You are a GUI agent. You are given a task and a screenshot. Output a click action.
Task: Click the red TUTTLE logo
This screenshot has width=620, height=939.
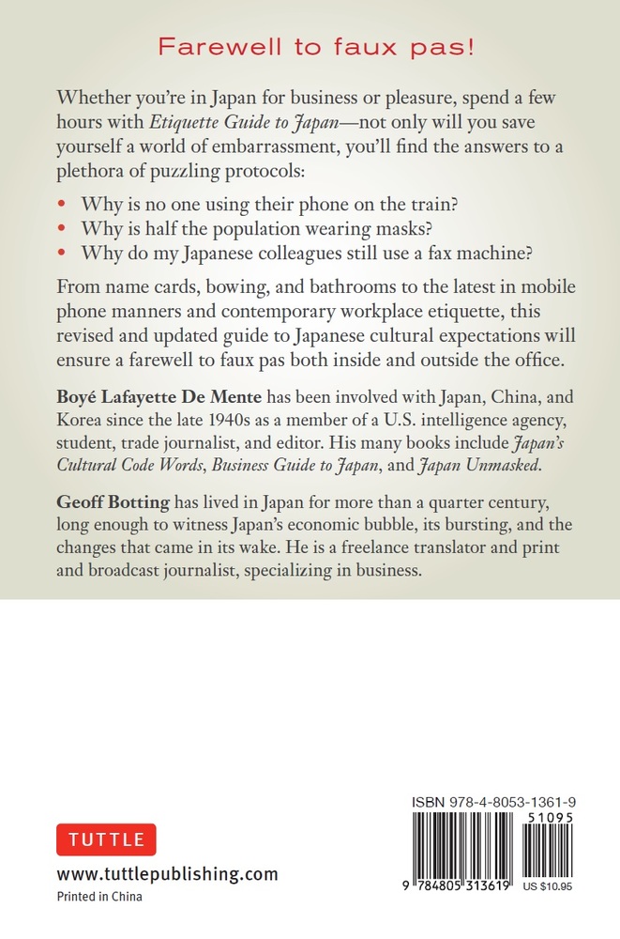click(x=106, y=839)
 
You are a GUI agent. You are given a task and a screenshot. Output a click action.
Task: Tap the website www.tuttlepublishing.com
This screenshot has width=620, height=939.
click(x=167, y=873)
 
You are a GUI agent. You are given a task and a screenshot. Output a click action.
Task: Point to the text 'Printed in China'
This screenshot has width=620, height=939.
click(x=99, y=897)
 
